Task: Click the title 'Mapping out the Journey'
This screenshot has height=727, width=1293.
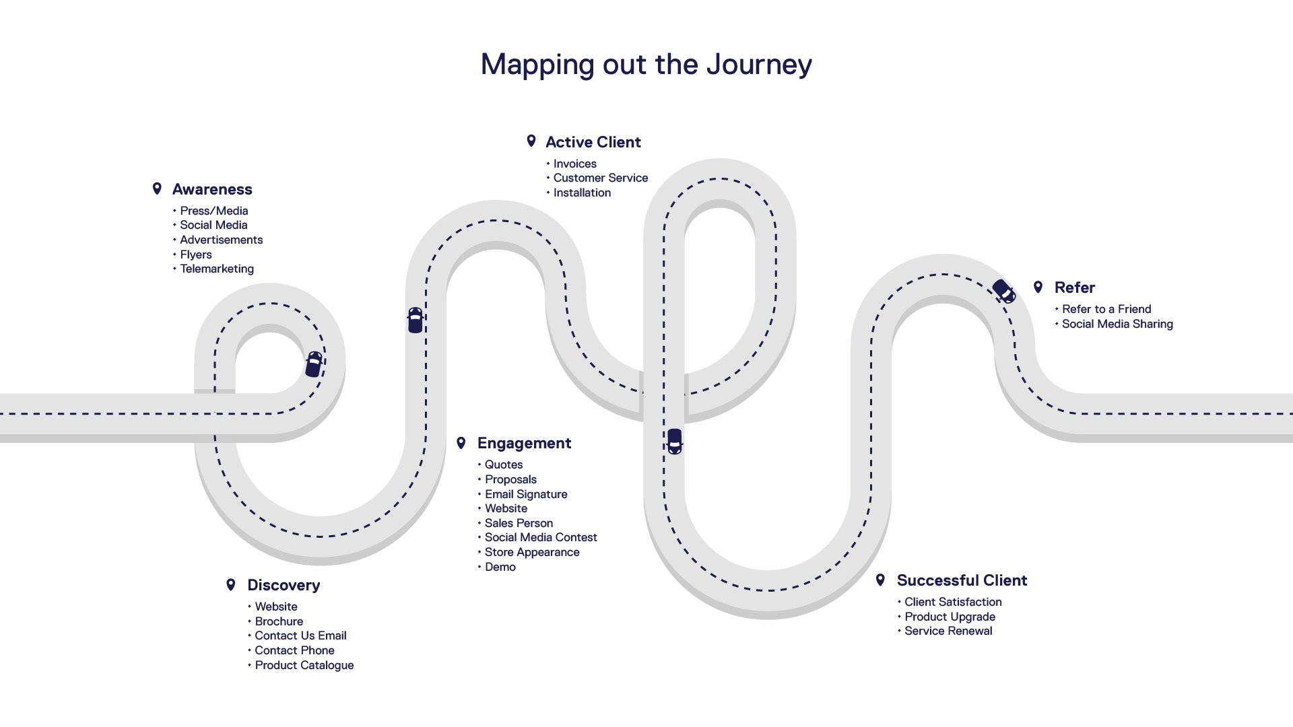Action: coord(646,65)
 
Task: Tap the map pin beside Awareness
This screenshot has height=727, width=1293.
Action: coord(157,188)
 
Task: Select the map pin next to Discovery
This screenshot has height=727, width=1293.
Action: coord(231,584)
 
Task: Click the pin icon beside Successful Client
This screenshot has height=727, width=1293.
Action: coord(880,580)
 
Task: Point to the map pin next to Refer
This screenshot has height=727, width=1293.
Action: coord(1038,287)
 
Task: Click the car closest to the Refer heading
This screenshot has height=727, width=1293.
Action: coord(1003,291)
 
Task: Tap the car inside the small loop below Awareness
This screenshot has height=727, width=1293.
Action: coord(314,363)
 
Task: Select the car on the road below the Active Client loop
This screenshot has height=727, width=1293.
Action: coord(674,441)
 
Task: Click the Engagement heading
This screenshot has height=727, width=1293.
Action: coord(524,443)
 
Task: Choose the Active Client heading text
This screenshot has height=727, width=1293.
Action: coord(593,142)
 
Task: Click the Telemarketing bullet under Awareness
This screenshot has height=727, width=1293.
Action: coord(217,269)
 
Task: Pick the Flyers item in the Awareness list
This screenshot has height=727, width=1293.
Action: coord(196,254)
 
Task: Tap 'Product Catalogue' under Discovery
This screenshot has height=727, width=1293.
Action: coord(304,665)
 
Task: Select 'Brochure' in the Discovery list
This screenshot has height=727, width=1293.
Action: coord(279,621)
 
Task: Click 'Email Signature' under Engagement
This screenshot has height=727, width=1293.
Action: coord(526,494)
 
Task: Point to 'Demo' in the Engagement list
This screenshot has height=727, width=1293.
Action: coord(500,567)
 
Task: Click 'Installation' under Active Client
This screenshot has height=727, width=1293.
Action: coord(582,193)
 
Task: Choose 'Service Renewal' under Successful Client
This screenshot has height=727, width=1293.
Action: coord(948,631)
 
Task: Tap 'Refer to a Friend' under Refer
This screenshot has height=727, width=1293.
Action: coord(1106,309)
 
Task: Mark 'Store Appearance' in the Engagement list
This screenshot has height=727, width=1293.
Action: coord(532,552)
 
